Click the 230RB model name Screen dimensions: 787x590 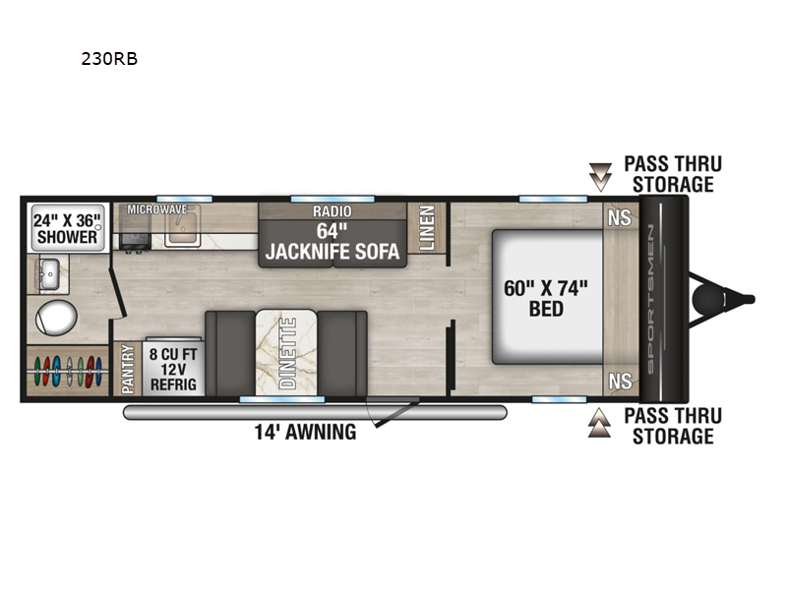pyautogui.click(x=109, y=59)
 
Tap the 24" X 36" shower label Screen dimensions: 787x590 pyautogui.click(x=67, y=229)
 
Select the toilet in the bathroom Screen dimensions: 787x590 pyautogui.click(x=56, y=318)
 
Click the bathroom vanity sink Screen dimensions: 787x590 pyautogui.click(x=50, y=274)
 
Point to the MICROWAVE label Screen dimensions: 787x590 pyautogui.click(x=156, y=209)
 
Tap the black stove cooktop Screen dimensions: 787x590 pyautogui.click(x=135, y=241)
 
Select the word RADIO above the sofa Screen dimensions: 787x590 pyautogui.click(x=333, y=211)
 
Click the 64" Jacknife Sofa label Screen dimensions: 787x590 pyautogui.click(x=333, y=242)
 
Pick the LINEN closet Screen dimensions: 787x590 pyautogui.click(x=427, y=228)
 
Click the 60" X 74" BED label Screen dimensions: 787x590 pyautogui.click(x=546, y=299)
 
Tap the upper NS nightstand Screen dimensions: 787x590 pyautogui.click(x=620, y=217)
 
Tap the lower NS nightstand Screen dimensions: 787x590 pyautogui.click(x=620, y=382)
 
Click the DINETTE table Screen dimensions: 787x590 pyautogui.click(x=286, y=353)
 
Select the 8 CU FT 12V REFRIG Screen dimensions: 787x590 pyautogui.click(x=173, y=369)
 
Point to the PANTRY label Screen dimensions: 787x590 pyautogui.click(x=128, y=369)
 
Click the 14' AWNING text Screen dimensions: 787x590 pyautogui.click(x=305, y=432)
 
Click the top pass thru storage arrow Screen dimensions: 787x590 pyautogui.click(x=600, y=177)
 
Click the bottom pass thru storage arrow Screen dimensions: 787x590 pyautogui.click(x=600, y=423)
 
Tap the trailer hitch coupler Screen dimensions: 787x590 pyautogui.click(x=708, y=300)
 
